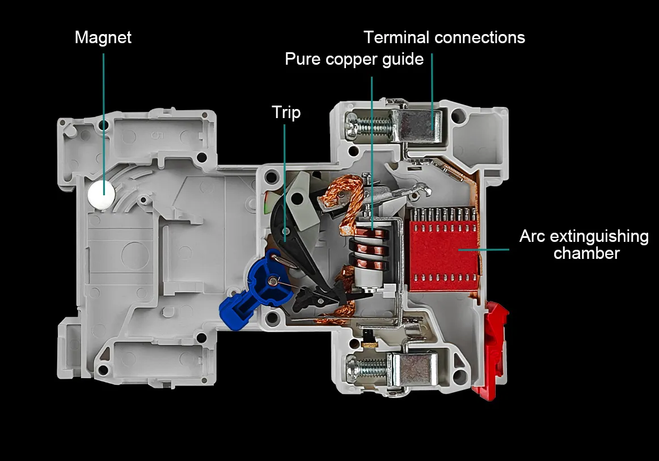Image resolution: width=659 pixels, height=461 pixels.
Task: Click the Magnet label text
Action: click(x=103, y=37)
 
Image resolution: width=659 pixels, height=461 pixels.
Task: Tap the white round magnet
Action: click(x=102, y=194)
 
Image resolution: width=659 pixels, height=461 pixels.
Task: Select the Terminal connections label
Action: click(x=444, y=37)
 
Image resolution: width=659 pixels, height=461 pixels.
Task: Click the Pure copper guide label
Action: click(x=354, y=59)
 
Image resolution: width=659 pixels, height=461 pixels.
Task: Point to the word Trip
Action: click(x=286, y=113)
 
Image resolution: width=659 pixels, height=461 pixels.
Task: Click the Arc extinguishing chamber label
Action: click(x=584, y=244)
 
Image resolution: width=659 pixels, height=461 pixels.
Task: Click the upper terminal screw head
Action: click(x=352, y=125)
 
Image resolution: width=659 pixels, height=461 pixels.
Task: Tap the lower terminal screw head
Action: click(x=352, y=368)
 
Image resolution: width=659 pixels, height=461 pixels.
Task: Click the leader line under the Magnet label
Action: click(x=103, y=124)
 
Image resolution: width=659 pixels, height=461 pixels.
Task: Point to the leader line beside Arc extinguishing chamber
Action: click(x=484, y=249)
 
